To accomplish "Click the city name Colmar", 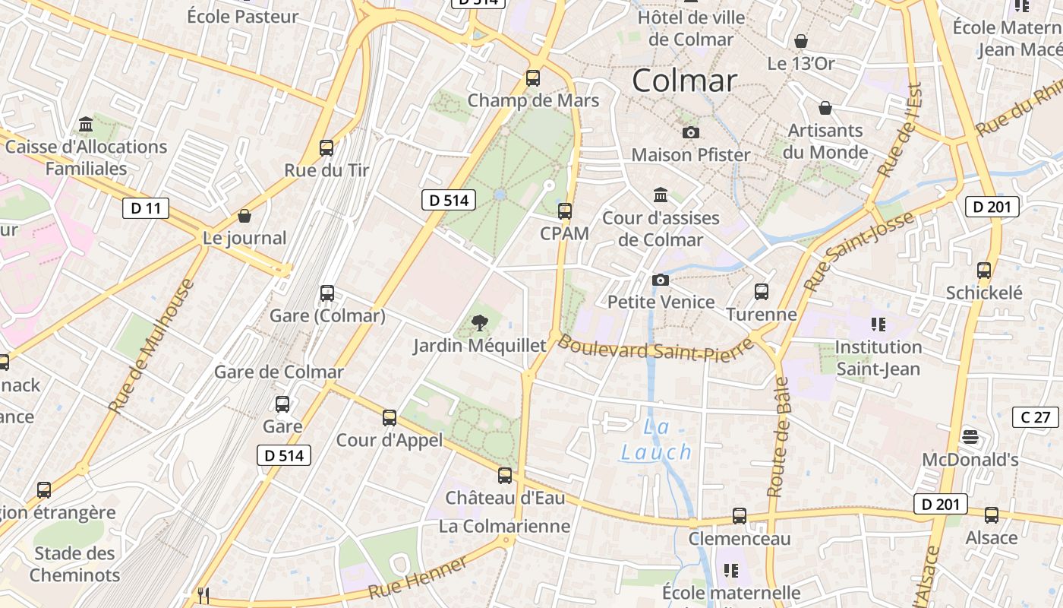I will pos(684,81).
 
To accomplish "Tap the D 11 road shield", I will pos(146,207).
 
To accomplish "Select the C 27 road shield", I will pos(1036,416).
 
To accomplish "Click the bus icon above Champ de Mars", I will pos(533,78).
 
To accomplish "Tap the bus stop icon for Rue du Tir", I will pos(326,147).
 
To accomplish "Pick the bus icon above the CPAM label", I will pos(564,211).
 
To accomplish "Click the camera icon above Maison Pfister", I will pos(690,133).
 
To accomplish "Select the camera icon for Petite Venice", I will pos(661,280).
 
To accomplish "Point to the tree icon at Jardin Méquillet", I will pos(479,324).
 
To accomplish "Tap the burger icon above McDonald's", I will pos(970,437).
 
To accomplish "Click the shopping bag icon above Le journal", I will pos(244,216).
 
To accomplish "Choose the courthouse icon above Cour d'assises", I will pos(661,195).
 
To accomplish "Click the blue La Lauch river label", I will pos(657,440).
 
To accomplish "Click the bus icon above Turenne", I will pos(761,291).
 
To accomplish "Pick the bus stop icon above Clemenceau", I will pos(740,516).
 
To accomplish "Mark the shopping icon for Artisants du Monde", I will pos(825,109).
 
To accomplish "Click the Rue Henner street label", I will pos(418,578).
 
